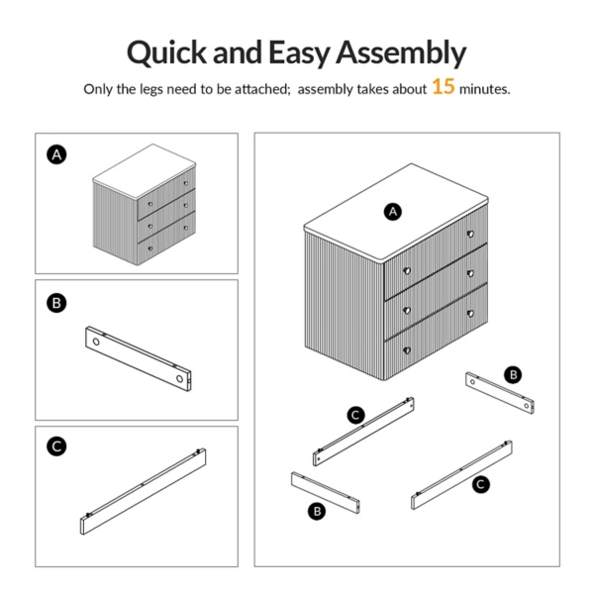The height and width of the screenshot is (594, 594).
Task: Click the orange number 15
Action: click(x=443, y=86)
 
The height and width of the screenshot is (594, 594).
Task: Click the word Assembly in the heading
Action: click(x=401, y=52)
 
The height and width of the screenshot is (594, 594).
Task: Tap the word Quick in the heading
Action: click(x=166, y=52)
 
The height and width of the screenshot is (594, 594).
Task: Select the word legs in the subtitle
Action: click(x=151, y=89)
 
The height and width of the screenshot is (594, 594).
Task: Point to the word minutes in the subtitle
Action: click(x=484, y=89)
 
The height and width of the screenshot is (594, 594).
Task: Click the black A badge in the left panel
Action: click(x=56, y=154)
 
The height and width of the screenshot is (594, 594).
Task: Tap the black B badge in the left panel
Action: click(x=56, y=303)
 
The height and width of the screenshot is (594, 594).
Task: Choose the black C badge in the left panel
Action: click(x=56, y=445)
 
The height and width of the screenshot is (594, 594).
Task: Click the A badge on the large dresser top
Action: click(x=393, y=212)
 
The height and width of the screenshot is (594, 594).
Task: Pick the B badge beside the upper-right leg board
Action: click(x=513, y=375)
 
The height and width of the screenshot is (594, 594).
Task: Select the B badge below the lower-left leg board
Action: click(x=317, y=512)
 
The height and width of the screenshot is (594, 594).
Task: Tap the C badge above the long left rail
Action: click(x=356, y=415)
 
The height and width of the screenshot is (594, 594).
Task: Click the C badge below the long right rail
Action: click(x=481, y=484)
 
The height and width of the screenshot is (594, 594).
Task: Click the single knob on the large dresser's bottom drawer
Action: click(x=407, y=350)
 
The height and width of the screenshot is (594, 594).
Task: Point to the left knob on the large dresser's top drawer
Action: click(x=407, y=271)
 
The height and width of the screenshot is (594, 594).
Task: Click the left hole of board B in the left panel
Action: click(x=96, y=342)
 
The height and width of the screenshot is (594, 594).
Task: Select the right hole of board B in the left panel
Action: click(x=179, y=378)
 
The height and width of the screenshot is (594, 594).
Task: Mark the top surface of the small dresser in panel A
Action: click(x=145, y=170)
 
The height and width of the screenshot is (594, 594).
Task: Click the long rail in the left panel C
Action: click(x=144, y=491)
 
